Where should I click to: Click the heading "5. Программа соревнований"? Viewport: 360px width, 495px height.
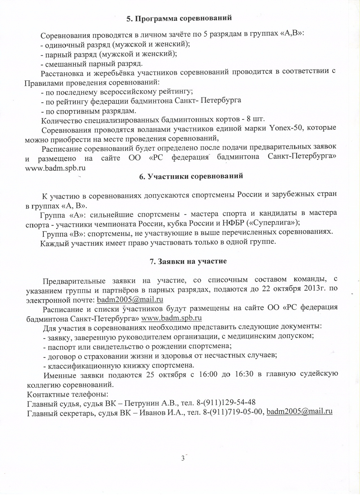179,18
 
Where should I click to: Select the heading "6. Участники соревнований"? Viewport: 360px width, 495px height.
191,176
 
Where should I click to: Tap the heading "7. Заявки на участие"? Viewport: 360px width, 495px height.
188,261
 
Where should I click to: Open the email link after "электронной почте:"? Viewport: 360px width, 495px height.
130,299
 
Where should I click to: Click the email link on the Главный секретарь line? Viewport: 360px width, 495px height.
299,411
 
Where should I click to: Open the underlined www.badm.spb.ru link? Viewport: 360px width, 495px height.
171,318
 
